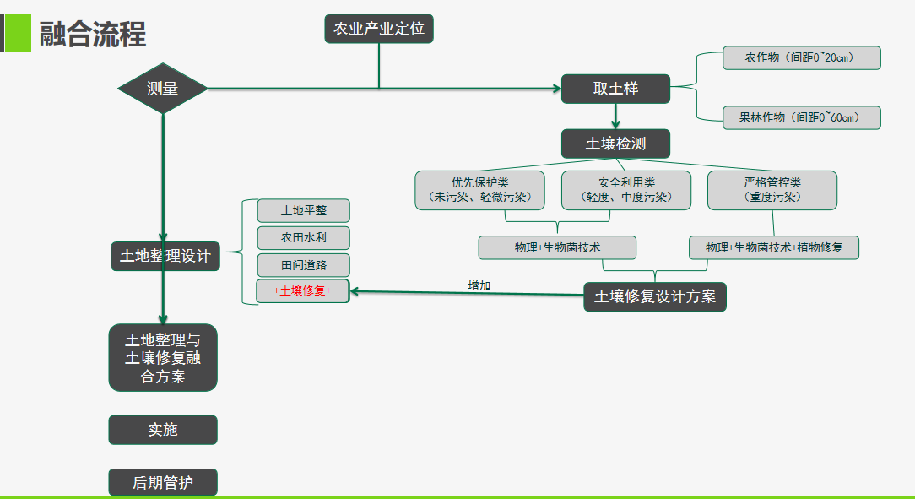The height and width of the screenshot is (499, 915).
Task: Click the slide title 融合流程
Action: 92,34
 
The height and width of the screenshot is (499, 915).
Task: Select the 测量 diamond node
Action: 163,88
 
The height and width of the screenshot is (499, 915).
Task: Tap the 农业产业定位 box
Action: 379,30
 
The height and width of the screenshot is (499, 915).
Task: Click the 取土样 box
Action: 615,89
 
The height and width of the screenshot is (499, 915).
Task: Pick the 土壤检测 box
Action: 615,144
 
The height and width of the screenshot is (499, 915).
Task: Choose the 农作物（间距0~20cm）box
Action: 800,58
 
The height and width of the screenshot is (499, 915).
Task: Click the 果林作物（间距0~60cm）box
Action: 800,117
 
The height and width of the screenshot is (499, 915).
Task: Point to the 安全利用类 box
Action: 625,190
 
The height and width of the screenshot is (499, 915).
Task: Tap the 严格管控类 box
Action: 772,190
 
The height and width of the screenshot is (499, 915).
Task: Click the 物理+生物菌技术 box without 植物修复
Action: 557,247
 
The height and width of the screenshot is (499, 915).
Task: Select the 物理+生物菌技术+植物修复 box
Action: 773,247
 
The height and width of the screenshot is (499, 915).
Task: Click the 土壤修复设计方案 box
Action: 655,296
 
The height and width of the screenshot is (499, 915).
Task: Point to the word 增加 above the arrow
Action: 479,285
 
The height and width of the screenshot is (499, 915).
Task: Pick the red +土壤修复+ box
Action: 303,290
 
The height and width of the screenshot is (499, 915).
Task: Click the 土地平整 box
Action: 303,210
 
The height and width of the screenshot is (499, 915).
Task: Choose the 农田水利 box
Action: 303,237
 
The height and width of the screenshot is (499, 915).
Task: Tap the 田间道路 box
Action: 303,265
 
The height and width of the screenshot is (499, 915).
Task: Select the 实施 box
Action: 163,430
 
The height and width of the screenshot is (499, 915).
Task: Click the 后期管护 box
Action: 163,483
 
